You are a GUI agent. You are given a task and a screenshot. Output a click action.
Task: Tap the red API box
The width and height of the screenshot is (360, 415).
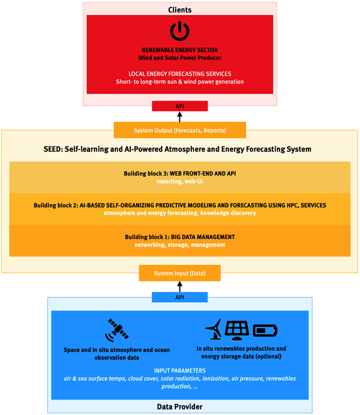coord(179,106)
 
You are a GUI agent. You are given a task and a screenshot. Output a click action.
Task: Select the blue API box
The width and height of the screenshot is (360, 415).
coord(179,297)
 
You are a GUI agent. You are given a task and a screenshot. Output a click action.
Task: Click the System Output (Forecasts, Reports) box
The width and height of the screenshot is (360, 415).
coord(180,130)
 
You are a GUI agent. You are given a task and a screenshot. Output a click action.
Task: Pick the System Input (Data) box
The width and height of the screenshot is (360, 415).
coord(179,273)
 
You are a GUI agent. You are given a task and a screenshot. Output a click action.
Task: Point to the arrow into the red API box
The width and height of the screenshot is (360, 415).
coord(179,117)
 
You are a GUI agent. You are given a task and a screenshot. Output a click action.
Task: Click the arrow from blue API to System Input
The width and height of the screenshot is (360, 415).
coord(179,287)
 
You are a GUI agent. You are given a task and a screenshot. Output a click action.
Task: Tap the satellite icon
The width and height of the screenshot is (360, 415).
coord(116,330)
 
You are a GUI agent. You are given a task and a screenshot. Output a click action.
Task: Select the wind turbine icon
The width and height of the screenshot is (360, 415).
coord(214,329)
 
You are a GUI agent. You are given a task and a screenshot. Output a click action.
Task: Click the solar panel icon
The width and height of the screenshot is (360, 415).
coord(237,330)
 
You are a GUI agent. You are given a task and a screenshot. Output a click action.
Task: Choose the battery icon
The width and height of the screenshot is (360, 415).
coord(265,331)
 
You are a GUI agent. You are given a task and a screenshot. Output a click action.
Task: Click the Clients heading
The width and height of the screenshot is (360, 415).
coord(179,10)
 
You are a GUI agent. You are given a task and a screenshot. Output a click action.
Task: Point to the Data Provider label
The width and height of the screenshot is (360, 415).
coord(179,407)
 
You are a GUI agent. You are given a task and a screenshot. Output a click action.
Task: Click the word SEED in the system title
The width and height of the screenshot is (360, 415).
coord(52,149)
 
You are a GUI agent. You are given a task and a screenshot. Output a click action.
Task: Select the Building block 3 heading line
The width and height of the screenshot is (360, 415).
coord(180,174)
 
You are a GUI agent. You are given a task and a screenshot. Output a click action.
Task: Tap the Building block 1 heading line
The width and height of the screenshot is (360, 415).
coord(180,237)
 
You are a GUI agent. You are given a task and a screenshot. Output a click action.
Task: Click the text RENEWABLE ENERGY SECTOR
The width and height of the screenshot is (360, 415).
coord(180,50)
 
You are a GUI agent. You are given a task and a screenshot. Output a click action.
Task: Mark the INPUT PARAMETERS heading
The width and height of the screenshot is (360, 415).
coord(180,370)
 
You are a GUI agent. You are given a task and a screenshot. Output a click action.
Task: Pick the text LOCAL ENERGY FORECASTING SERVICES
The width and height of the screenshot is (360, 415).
coord(180,74)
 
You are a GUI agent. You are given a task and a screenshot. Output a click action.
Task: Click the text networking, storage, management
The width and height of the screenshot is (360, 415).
coord(180,245)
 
